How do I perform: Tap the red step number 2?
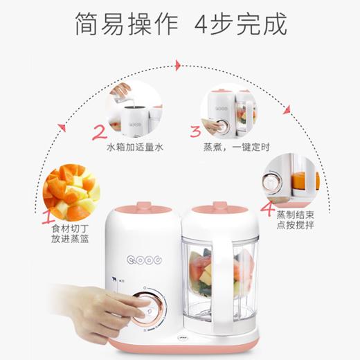click(x=100, y=132)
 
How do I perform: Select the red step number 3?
click(x=196, y=131)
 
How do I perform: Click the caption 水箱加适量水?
click(x=134, y=148)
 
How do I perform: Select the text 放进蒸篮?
click(x=71, y=239)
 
